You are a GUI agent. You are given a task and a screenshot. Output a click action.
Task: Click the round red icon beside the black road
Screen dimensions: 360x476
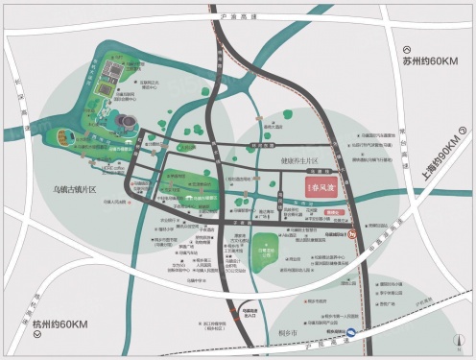point(353,233)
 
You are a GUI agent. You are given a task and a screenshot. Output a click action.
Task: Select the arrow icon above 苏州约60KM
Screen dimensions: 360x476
point(407,50)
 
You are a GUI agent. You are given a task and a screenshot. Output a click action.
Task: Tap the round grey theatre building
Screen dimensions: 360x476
point(126,120)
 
